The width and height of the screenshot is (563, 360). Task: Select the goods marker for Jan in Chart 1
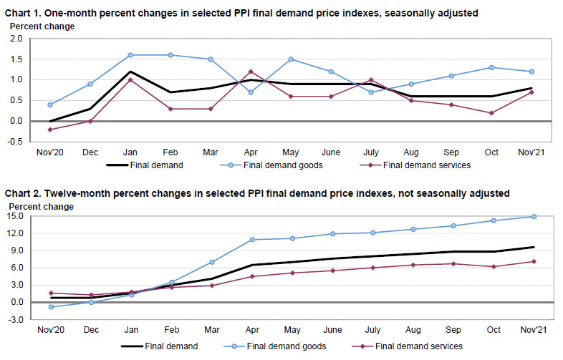[x=129, y=55]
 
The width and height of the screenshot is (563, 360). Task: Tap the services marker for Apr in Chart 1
[x=250, y=72]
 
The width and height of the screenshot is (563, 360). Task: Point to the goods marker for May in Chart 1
[x=291, y=59]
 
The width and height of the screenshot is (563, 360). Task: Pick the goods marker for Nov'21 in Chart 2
[x=533, y=216]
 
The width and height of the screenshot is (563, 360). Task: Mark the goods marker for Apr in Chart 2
[x=250, y=240]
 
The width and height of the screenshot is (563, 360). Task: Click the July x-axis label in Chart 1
[x=371, y=152]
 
